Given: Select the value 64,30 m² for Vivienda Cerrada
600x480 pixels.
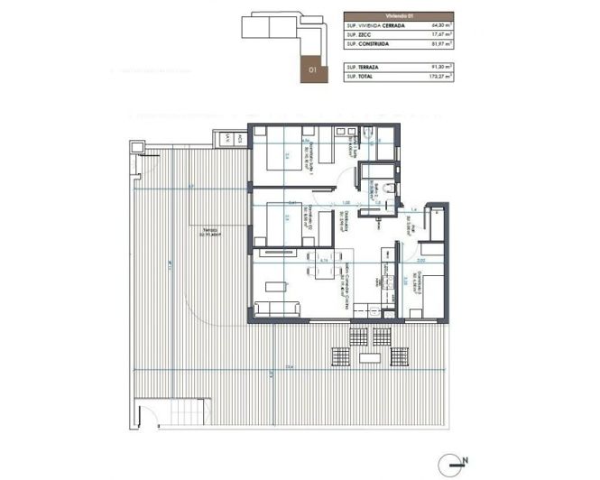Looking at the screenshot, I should [x=439, y=24].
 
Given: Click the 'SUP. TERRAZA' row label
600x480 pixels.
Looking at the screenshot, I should [x=364, y=67].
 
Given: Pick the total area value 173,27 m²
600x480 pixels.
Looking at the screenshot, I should [x=439, y=76].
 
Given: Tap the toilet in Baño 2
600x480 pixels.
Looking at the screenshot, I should [x=385, y=188].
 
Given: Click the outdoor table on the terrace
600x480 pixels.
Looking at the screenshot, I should [x=369, y=359].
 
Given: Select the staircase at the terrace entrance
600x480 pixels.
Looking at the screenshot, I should [x=150, y=416].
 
